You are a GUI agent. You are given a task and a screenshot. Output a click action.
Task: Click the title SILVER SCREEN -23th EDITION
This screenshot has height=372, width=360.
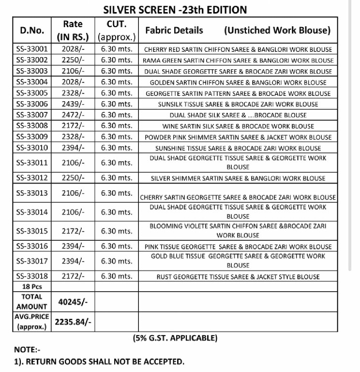[x=175, y=9]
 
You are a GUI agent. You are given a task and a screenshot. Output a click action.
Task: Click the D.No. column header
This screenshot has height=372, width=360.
[x=32, y=30]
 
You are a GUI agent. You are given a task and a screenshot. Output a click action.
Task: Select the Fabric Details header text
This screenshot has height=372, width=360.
[x=174, y=30]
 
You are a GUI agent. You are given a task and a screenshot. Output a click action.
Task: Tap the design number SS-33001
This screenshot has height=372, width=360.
[x=32, y=49]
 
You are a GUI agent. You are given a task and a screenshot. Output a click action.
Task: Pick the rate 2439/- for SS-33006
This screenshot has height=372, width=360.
[x=73, y=104]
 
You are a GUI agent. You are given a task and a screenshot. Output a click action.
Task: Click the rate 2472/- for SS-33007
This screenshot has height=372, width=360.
[x=73, y=115]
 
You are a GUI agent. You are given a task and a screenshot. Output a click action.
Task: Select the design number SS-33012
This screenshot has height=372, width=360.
[x=32, y=178]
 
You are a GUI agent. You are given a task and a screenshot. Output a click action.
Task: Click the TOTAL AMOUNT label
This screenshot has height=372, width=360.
[x=32, y=301]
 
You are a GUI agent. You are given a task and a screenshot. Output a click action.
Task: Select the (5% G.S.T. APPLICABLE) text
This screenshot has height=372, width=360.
[x=175, y=338]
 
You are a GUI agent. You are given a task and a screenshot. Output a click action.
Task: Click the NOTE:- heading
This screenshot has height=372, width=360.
[x=28, y=349]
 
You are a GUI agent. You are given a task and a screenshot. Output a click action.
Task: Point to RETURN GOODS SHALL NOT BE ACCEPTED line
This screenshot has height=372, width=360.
[x=99, y=361]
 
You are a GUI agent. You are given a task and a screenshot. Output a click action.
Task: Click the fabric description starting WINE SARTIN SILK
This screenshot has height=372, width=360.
[x=238, y=126]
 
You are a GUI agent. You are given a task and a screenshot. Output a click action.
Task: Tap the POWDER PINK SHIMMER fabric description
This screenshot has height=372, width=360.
[x=238, y=137]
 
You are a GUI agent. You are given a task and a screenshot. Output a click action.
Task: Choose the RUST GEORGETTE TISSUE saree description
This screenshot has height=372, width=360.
[x=238, y=277]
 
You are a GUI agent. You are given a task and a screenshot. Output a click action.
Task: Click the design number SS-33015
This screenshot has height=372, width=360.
[x=32, y=231]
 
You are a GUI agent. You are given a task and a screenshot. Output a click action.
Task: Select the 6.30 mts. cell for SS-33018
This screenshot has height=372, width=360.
[x=116, y=277]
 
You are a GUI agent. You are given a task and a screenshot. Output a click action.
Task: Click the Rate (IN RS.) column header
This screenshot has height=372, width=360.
[x=73, y=30]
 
